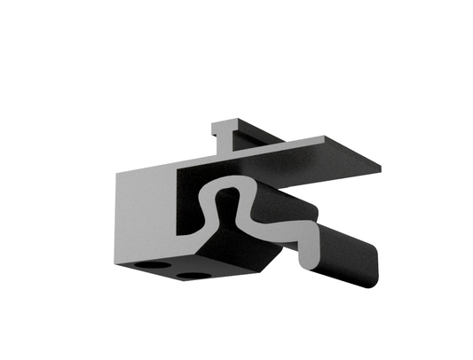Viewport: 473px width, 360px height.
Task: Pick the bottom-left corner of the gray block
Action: [x=116, y=262]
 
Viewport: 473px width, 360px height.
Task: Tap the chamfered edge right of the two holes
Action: [x=266, y=262]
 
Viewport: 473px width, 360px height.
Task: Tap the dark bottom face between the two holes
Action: [x=170, y=270]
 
